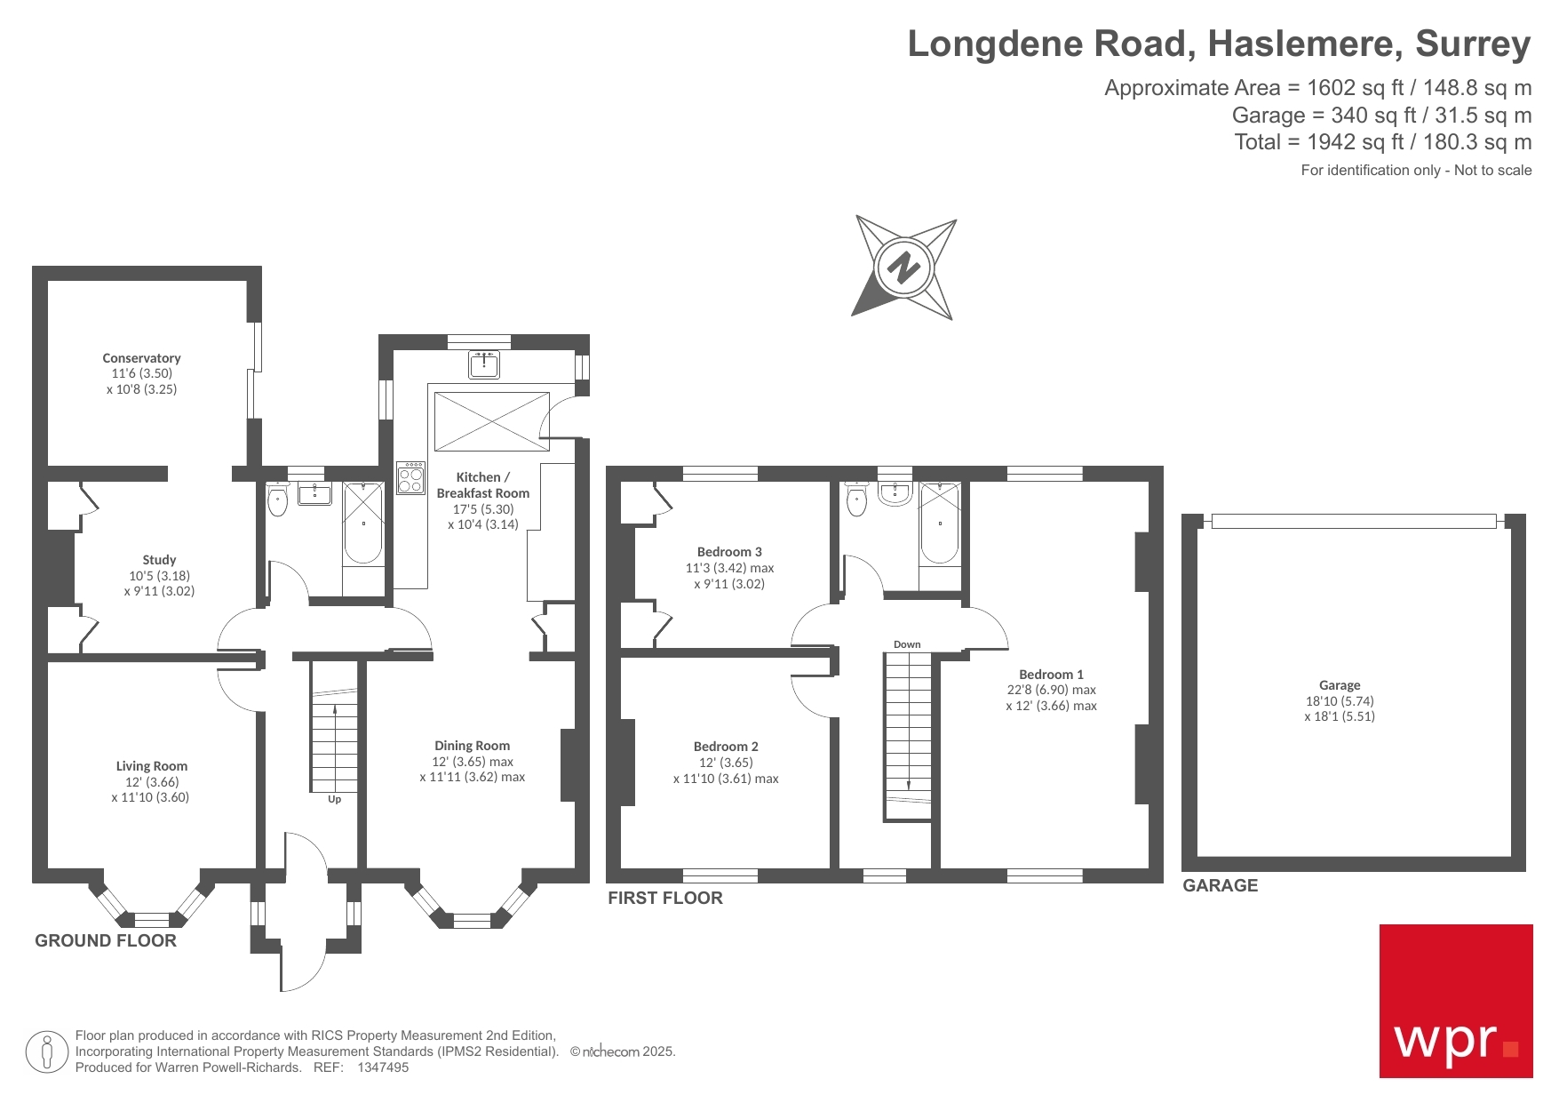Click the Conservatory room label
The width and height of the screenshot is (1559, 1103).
coord(141,358)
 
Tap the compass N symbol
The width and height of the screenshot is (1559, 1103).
coord(903,267)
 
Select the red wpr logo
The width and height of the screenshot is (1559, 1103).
coord(1455,1001)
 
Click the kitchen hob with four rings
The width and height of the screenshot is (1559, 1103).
coord(410,477)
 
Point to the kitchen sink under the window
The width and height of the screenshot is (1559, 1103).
coord(484,364)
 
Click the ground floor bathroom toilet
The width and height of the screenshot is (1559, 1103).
coord(278,500)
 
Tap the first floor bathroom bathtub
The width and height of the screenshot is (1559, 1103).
coord(939,524)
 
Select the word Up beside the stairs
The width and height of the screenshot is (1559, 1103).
coord(334,799)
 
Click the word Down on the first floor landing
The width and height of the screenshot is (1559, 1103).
coord(907,644)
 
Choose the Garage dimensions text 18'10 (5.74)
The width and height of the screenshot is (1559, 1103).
coord(1340,700)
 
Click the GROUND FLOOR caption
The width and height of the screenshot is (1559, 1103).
coord(106,940)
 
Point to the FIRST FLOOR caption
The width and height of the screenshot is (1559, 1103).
coord(665,898)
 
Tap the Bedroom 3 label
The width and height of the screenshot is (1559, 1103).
coord(729,552)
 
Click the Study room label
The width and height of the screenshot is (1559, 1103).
coord(159,560)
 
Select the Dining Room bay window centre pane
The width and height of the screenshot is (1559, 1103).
coord(472,920)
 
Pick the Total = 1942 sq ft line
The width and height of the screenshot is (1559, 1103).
coord(1382,142)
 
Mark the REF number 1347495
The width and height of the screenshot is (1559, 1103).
coord(383,1067)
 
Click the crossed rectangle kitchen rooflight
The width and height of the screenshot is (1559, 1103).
coord(491,421)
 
